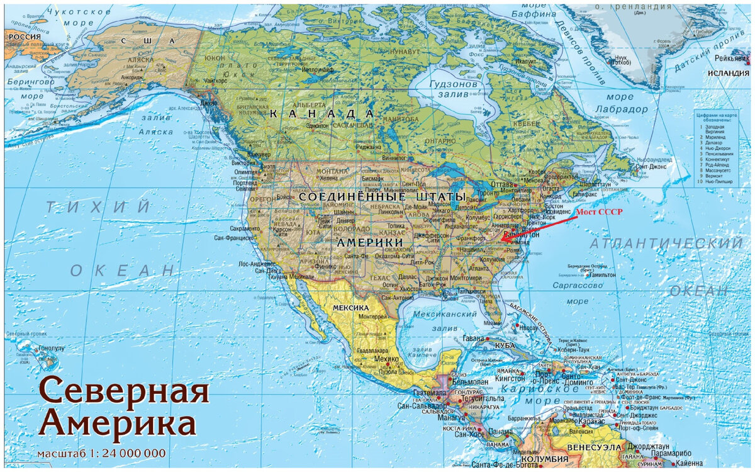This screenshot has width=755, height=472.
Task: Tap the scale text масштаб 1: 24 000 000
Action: coord(101,453)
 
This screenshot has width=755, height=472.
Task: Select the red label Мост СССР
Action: coord(599,212)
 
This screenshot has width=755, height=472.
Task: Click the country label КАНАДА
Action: coord(322,114)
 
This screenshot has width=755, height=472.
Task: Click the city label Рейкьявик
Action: coord(732,58)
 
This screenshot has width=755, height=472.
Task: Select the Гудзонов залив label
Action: coord(454,90)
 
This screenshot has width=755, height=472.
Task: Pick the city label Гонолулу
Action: coord(51,347)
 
